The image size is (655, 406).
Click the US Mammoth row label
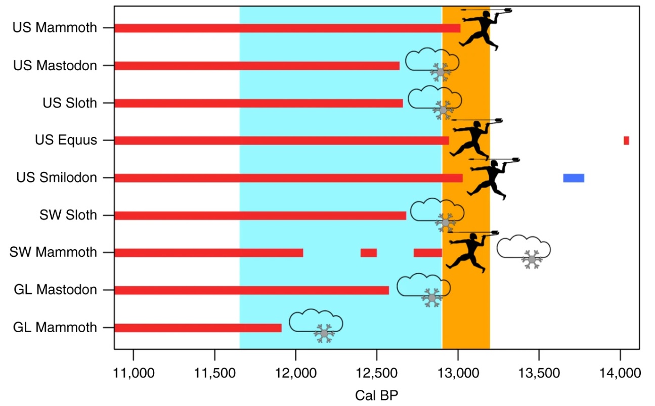pyautogui.click(x=55, y=28)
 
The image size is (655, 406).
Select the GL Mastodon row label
pyautogui.click(x=55, y=290)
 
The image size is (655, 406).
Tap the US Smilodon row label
pyautogui.click(x=56, y=178)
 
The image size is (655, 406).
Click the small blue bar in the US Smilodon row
pyautogui.click(x=574, y=178)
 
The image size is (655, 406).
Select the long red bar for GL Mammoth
pyautogui.click(x=198, y=328)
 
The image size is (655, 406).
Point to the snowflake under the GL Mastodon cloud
pyautogui.click(x=431, y=298)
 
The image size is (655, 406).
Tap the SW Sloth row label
pyautogui.click(x=68, y=215)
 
